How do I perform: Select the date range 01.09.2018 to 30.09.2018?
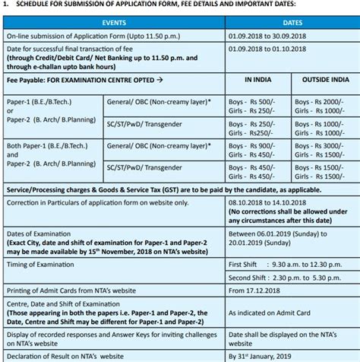(267, 36)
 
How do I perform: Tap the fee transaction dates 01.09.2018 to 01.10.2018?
(267, 49)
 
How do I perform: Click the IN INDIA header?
(259, 78)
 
